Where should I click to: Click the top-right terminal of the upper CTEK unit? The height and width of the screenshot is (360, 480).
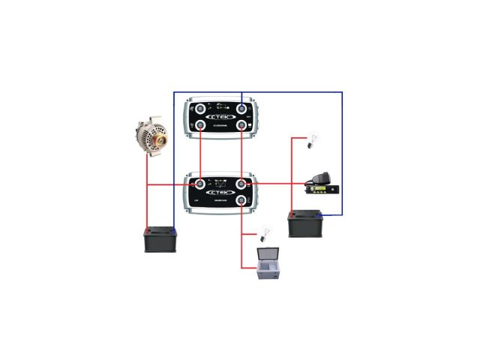[241, 106]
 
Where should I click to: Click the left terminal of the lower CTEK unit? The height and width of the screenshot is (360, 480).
[200, 184]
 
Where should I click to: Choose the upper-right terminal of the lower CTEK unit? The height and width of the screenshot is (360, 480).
[241, 184]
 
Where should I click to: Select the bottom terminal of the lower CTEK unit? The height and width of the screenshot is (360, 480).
[241, 202]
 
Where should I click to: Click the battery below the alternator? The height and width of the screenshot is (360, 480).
[160, 239]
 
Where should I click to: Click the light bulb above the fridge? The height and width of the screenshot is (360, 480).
[262, 234]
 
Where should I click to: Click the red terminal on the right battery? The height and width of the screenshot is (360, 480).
[293, 214]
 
